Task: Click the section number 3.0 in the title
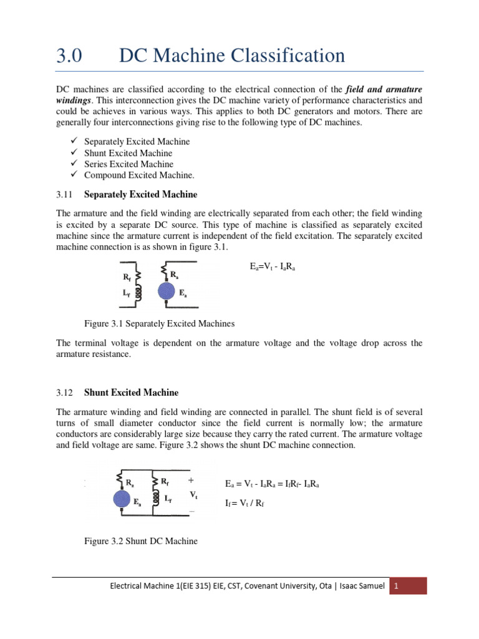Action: pos(69,56)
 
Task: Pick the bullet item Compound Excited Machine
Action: pos(135,175)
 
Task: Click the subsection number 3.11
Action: pos(65,195)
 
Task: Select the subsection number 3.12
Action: pos(65,393)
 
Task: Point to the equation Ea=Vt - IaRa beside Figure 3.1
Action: pos(273,266)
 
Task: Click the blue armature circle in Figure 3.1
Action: pos(167,292)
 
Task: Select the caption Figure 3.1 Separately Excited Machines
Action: pos(159,324)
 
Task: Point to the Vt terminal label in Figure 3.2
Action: pos(193,495)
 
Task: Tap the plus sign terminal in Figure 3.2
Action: pos(191,481)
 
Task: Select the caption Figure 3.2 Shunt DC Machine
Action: pos(140,541)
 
